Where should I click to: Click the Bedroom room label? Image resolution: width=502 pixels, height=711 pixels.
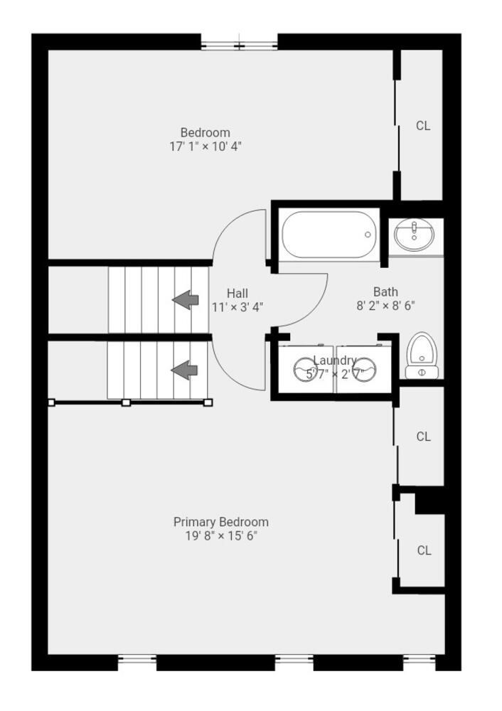pyautogui.click(x=205, y=132)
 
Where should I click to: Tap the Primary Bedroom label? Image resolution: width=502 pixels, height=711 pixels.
pyautogui.click(x=221, y=522)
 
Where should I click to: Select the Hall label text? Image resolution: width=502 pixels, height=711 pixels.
pyautogui.click(x=237, y=293)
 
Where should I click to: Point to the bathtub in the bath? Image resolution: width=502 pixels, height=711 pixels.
pyautogui.click(x=328, y=235)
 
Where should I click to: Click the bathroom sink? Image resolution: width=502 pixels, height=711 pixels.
pyautogui.click(x=415, y=235)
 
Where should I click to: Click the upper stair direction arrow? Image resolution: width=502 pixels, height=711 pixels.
pyautogui.click(x=186, y=299)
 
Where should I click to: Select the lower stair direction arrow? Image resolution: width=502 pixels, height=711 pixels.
pyautogui.click(x=185, y=370)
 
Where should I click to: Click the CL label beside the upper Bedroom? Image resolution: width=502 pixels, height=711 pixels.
pyautogui.click(x=423, y=126)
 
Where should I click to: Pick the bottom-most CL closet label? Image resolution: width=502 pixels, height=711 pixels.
pyautogui.click(x=424, y=550)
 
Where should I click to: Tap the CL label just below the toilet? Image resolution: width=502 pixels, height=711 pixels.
pyautogui.click(x=423, y=437)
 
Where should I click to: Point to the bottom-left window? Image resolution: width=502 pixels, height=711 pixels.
pyautogui.click(x=137, y=662)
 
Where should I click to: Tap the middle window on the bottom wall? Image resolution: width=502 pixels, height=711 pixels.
pyautogui.click(x=294, y=662)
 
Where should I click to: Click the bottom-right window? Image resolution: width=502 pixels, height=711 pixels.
pyautogui.click(x=420, y=662)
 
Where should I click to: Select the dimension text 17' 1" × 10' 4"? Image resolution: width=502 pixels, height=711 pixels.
pyautogui.click(x=205, y=146)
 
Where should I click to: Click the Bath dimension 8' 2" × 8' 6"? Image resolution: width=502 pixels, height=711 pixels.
pyautogui.click(x=385, y=306)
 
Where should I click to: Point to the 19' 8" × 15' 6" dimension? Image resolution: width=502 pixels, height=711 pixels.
pyautogui.click(x=221, y=535)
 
